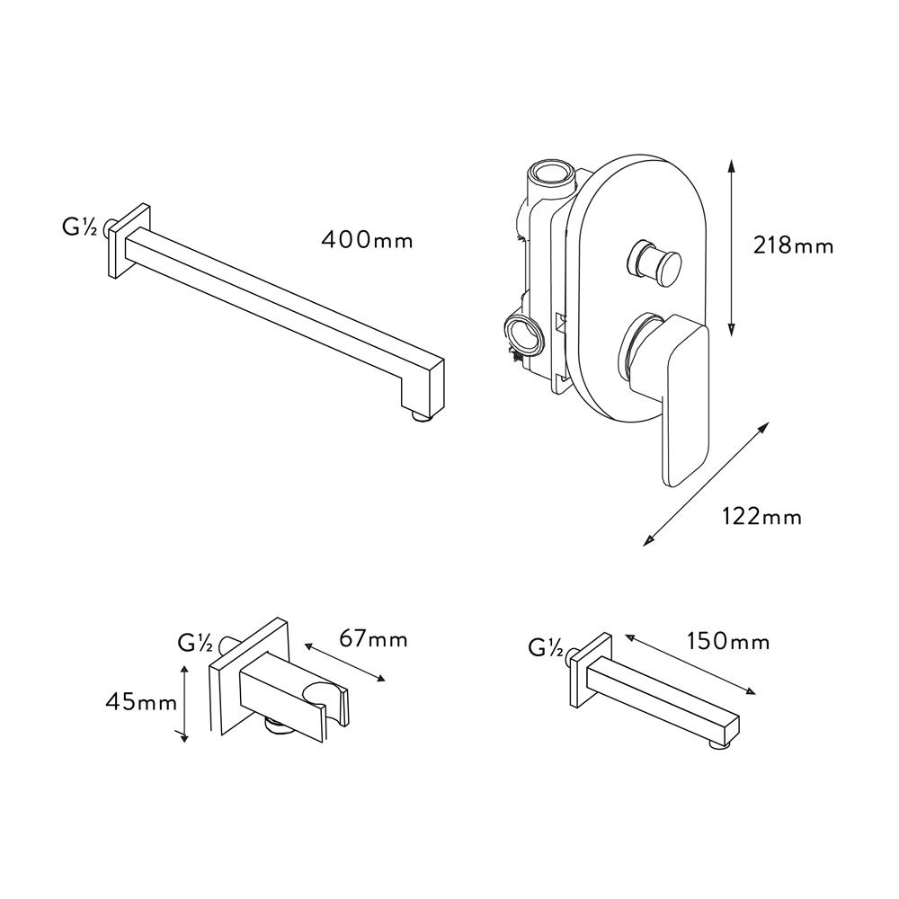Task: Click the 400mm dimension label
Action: [367, 239]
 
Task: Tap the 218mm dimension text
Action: [793, 246]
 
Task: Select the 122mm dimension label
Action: [761, 517]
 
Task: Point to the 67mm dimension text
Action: [373, 638]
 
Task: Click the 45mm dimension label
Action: [142, 702]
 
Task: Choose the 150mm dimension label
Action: [728, 642]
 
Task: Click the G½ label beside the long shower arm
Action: [79, 227]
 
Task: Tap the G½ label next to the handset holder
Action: [195, 644]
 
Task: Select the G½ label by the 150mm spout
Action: [546, 648]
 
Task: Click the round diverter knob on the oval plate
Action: [656, 262]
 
